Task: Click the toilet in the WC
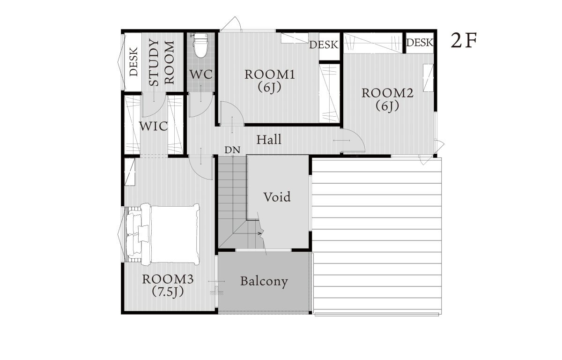click(200, 45)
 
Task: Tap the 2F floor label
click(464, 41)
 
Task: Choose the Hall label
click(269, 140)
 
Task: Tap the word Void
click(277, 197)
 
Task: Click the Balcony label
click(264, 281)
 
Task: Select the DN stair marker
click(232, 150)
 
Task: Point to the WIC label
click(153, 126)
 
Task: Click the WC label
click(201, 75)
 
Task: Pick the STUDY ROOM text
click(161, 63)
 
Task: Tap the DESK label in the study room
click(133, 62)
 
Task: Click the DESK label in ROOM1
click(324, 45)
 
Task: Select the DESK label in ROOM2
click(420, 43)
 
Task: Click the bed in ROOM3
click(163, 234)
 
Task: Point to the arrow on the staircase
click(259, 233)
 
